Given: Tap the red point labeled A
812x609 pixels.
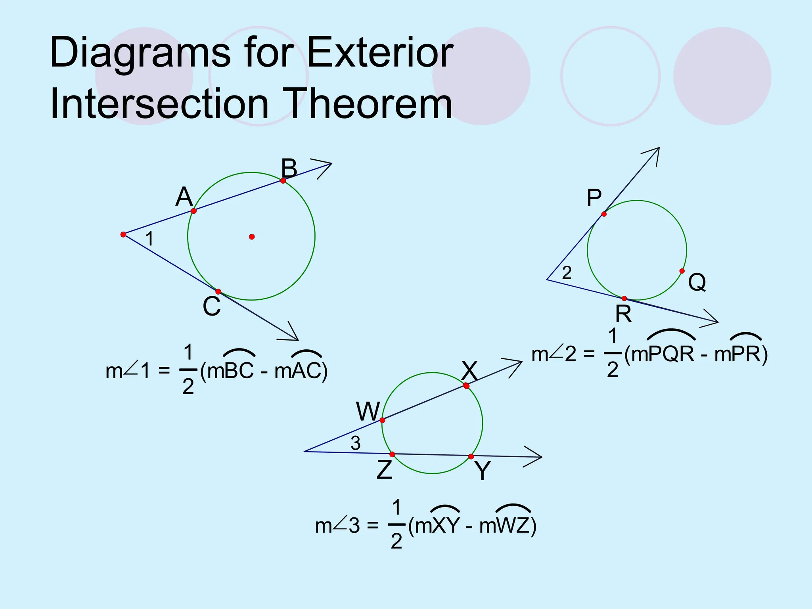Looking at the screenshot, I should (x=194, y=211).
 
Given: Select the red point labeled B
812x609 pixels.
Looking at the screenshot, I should (x=283, y=181).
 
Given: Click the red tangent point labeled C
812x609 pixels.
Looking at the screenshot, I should (x=218, y=292).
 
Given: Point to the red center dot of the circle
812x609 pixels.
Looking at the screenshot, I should (x=252, y=237).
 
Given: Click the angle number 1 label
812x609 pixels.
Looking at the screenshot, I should (x=149, y=239).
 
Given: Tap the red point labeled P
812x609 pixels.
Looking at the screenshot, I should (x=604, y=214).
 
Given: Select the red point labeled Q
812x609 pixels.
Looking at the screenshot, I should (x=682, y=271).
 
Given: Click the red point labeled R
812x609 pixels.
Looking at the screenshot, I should (x=624, y=299).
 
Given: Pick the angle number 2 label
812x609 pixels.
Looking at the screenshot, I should (x=567, y=273).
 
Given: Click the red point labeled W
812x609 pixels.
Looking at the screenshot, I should (x=383, y=420).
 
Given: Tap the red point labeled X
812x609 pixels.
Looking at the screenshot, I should (x=466, y=386).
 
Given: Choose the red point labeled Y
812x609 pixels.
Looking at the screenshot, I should (x=471, y=457).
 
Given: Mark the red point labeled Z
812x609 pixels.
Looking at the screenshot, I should (x=392, y=454).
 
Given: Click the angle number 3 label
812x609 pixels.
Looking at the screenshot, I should (x=356, y=443).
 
